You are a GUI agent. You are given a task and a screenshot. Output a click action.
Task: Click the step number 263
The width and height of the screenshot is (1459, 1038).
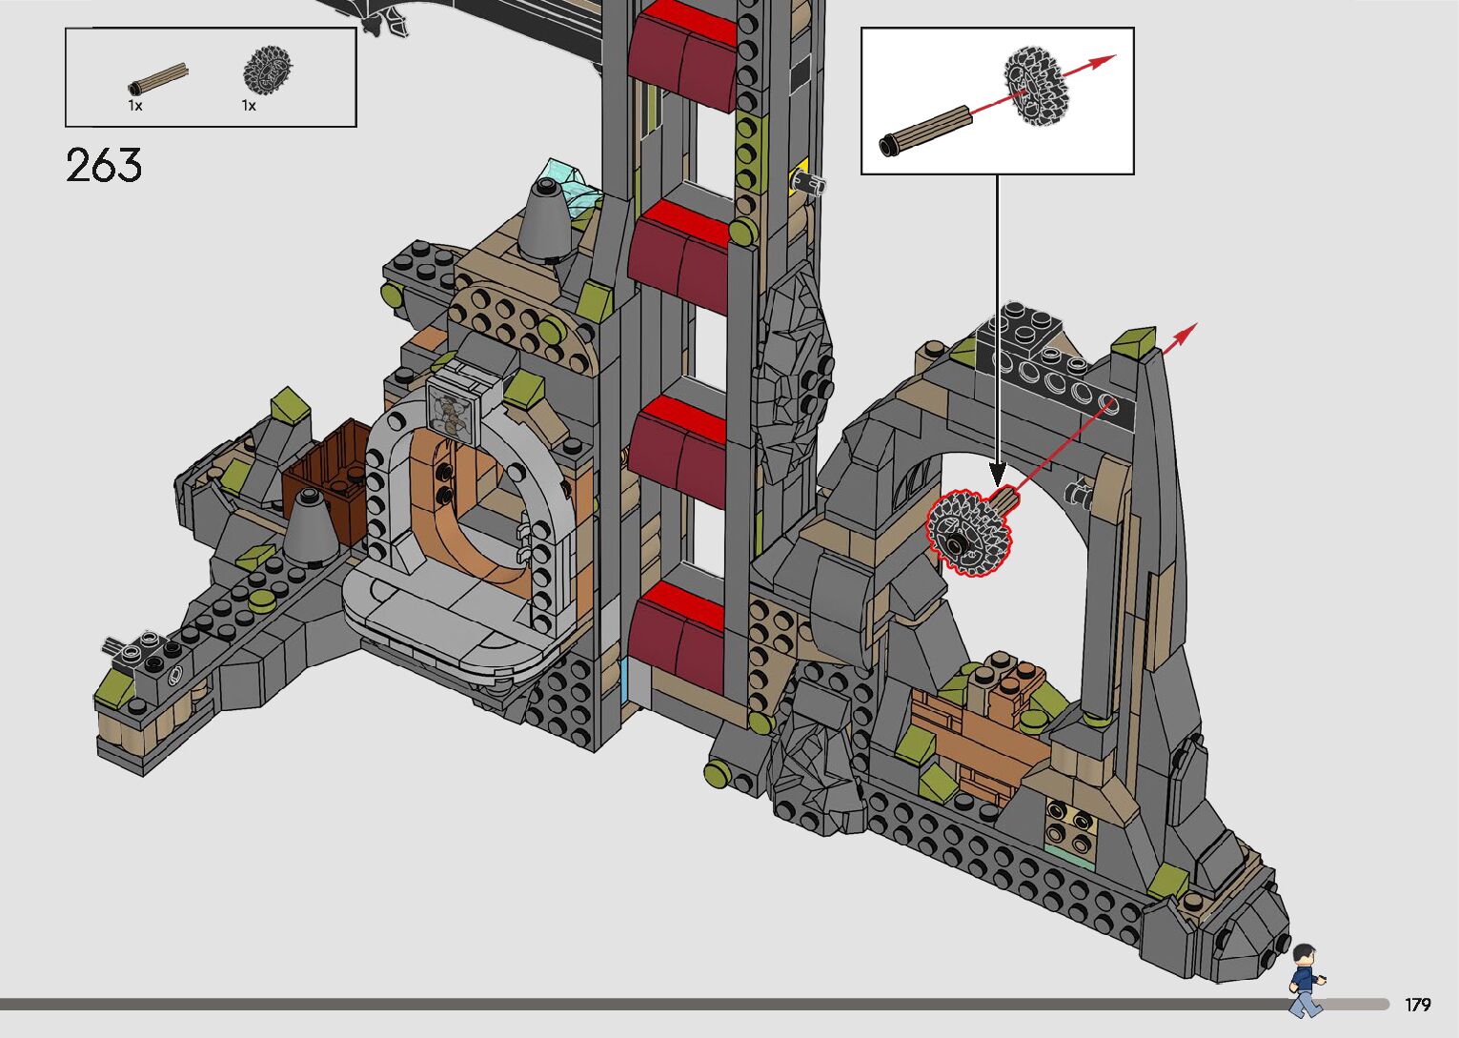(x=104, y=165)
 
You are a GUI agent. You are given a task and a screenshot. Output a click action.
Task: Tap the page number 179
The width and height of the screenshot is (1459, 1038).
(x=1417, y=1004)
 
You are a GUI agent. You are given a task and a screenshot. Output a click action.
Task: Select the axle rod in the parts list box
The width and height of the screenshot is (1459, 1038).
(x=157, y=79)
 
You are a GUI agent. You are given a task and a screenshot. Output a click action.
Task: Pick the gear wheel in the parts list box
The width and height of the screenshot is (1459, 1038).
(x=268, y=68)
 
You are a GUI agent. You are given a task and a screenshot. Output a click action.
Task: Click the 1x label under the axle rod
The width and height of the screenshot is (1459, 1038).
(x=134, y=106)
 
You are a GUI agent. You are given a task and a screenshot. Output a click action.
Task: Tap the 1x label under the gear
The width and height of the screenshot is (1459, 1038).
(x=249, y=106)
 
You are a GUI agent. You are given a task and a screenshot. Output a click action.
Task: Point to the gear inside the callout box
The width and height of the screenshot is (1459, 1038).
(x=1036, y=86)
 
